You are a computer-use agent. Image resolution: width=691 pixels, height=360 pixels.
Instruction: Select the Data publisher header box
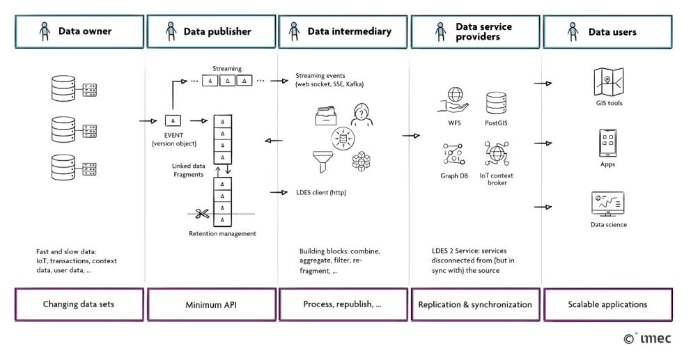pyautogui.click(x=211, y=31)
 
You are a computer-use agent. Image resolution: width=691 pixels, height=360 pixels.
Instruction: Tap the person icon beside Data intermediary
pyautogui.click(x=294, y=31)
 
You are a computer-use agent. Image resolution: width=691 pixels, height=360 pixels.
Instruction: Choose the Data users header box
pyautogui.click(x=607, y=31)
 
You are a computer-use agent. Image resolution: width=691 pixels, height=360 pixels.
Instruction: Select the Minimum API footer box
pyautogui.click(x=211, y=304)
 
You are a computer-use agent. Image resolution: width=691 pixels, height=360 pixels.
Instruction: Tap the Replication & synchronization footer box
pyautogui.click(x=476, y=304)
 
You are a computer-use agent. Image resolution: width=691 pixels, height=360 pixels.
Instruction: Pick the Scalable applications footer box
pyautogui.click(x=607, y=304)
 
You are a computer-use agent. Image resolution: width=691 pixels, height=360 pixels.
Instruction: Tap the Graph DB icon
pyautogui.click(x=453, y=154)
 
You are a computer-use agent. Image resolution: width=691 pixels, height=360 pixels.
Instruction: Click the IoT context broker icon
pyautogui.click(x=497, y=153)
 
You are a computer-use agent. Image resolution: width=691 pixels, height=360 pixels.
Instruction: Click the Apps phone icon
pyautogui.click(x=606, y=143)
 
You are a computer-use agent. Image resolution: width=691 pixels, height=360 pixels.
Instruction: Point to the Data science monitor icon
pyautogui.click(x=606, y=204)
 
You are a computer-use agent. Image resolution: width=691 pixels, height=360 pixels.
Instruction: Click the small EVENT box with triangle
pyautogui.click(x=172, y=121)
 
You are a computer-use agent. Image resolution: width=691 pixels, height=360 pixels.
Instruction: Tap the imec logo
pyautogui.click(x=648, y=339)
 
